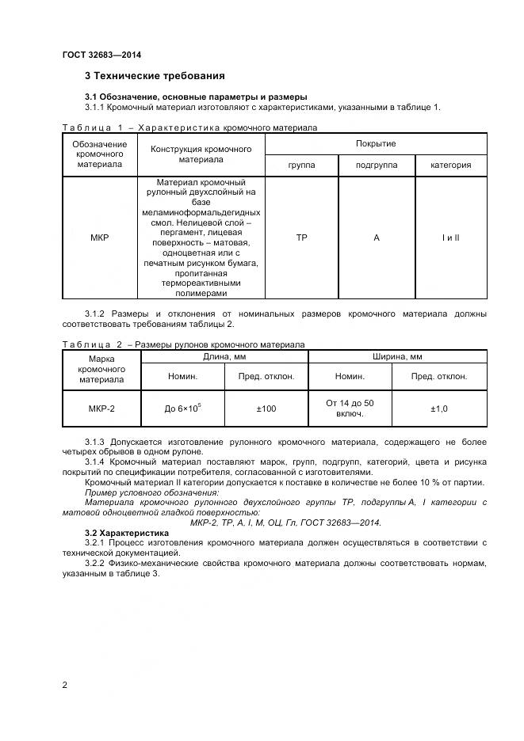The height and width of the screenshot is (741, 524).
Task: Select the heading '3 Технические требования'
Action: click(155, 76)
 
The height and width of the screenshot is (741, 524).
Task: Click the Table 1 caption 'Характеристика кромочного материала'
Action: click(226, 127)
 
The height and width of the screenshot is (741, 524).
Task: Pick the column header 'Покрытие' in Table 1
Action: click(376, 143)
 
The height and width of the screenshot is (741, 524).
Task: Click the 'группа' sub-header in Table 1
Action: click(301, 165)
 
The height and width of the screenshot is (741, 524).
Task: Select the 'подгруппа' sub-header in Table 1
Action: click(376, 165)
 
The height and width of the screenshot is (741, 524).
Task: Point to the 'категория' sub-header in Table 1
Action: click(450, 165)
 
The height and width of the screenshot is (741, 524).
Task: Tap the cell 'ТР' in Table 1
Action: click(301, 237)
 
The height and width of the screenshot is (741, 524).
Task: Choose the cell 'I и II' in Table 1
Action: click(450, 237)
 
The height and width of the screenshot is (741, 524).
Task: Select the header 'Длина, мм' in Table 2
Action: click(224, 357)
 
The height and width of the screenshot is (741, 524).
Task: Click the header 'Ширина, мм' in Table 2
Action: click(396, 357)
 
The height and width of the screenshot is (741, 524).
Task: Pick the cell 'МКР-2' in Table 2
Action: click(101, 408)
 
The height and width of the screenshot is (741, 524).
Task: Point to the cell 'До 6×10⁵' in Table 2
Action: click(182, 408)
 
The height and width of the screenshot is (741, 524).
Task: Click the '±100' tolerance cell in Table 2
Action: click(266, 408)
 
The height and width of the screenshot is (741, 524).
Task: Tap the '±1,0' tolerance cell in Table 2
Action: click(438, 408)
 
